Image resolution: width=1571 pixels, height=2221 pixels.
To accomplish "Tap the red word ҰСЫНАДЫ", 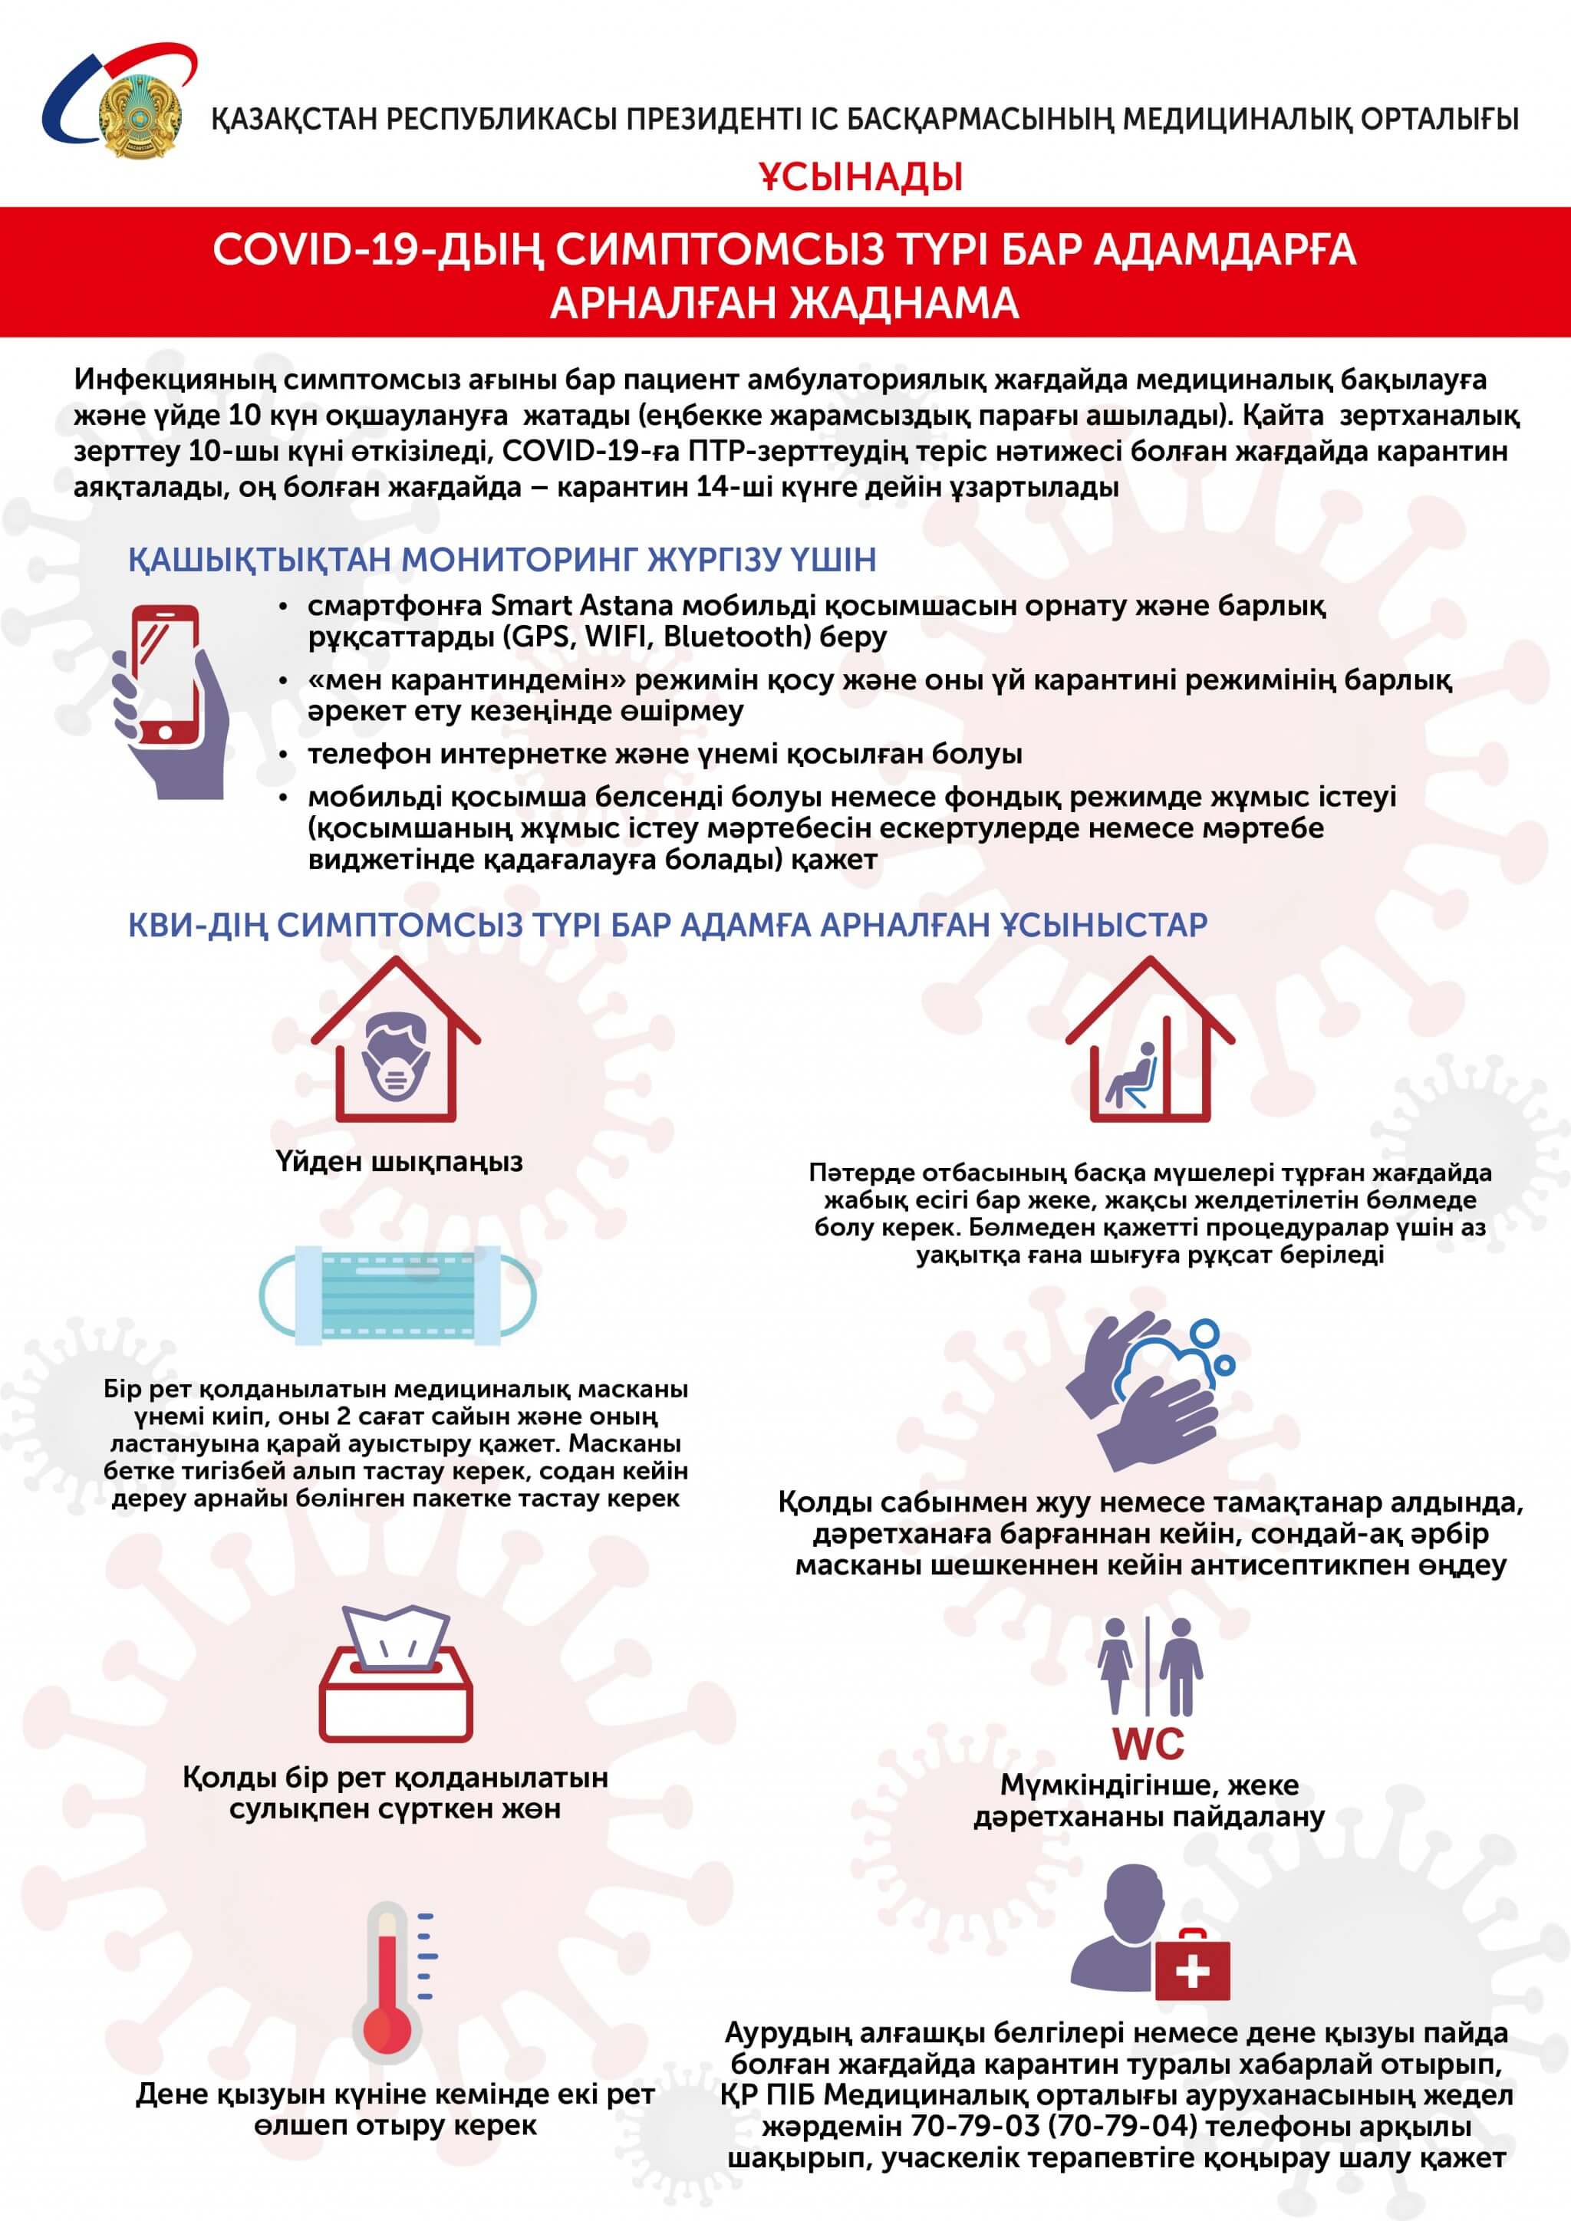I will (860, 177).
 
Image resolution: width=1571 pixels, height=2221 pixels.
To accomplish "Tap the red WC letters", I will (1148, 1744).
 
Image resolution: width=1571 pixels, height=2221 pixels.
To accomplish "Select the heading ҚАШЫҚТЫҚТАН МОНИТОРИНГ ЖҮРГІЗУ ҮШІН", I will (502, 559).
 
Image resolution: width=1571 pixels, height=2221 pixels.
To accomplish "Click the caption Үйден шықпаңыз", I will (399, 1161).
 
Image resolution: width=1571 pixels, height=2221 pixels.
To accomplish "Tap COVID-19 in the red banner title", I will (320, 249).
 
